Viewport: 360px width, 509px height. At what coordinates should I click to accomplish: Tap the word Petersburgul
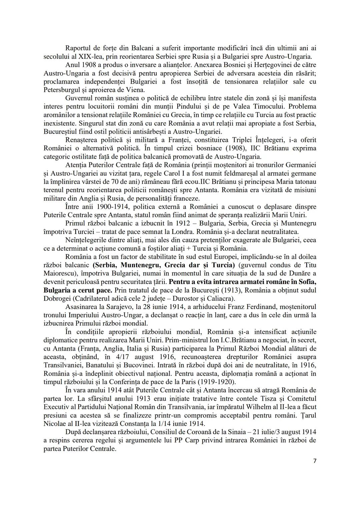pyautogui.click(x=63, y=90)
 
